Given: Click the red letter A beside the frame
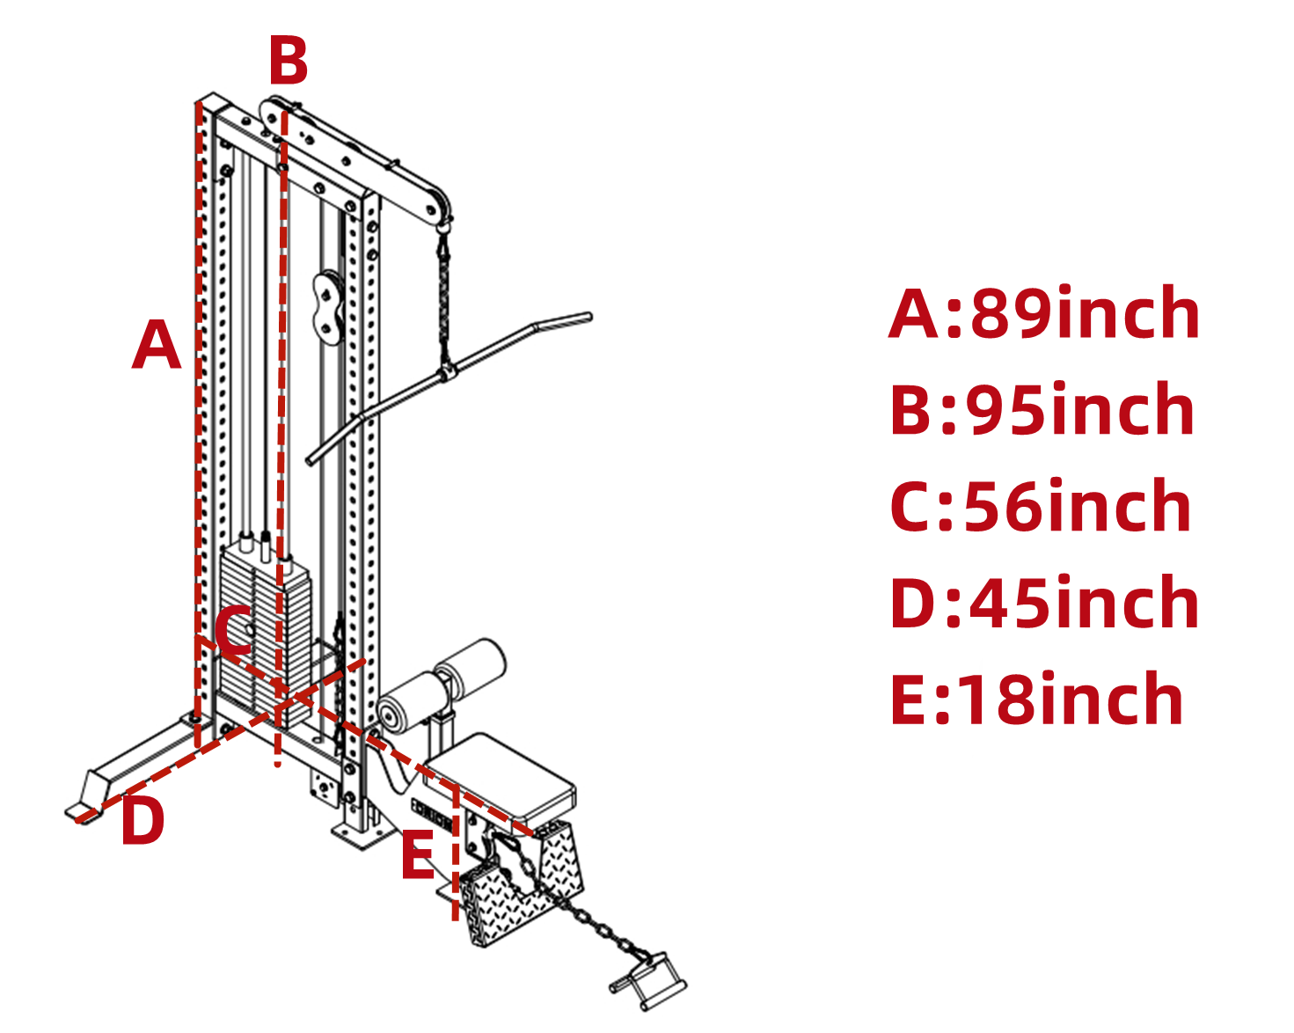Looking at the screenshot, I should pos(157,345).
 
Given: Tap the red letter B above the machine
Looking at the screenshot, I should pos(288,61).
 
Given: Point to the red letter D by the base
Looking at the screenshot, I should pos(143,820).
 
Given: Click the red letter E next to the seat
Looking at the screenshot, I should pos(418,855).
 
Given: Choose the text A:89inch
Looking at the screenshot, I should pos(1044,314).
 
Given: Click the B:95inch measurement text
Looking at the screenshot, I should pos(1042,410).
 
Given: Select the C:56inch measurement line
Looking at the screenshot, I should pos(1041,507).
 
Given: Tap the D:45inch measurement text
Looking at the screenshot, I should pos(1044,604).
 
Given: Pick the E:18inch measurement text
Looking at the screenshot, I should pos(1036,700).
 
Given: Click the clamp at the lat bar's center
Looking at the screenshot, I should pos(447,370).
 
